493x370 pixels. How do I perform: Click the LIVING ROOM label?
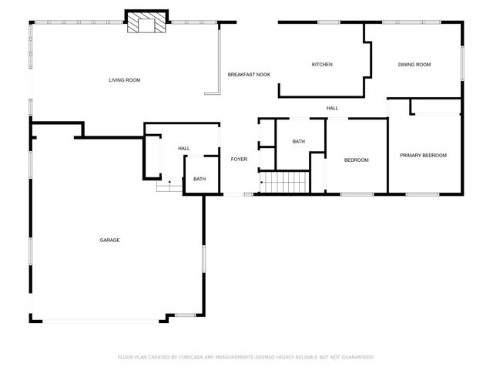[x=124, y=80]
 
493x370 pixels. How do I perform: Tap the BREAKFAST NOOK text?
[x=249, y=75]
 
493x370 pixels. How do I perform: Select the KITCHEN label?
[x=322, y=65]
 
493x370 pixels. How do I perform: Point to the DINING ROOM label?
[x=414, y=65]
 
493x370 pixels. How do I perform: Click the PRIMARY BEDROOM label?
[x=423, y=156]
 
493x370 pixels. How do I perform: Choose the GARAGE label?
[x=109, y=240]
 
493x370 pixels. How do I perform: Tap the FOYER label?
[x=239, y=160]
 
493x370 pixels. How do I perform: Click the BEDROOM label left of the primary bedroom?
[x=356, y=160]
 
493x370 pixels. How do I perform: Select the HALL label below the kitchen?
[x=332, y=109]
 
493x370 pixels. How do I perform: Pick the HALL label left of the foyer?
[x=184, y=149]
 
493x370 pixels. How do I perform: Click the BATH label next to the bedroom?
[x=299, y=142]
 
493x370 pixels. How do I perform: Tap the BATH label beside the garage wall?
[x=200, y=180]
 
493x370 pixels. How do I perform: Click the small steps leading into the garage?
[x=164, y=186]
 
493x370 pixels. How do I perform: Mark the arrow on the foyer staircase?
[x=263, y=183]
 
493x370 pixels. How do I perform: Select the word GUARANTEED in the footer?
[x=357, y=357]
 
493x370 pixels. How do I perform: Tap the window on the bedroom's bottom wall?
[x=357, y=193]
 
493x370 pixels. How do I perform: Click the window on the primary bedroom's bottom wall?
[x=422, y=193]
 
